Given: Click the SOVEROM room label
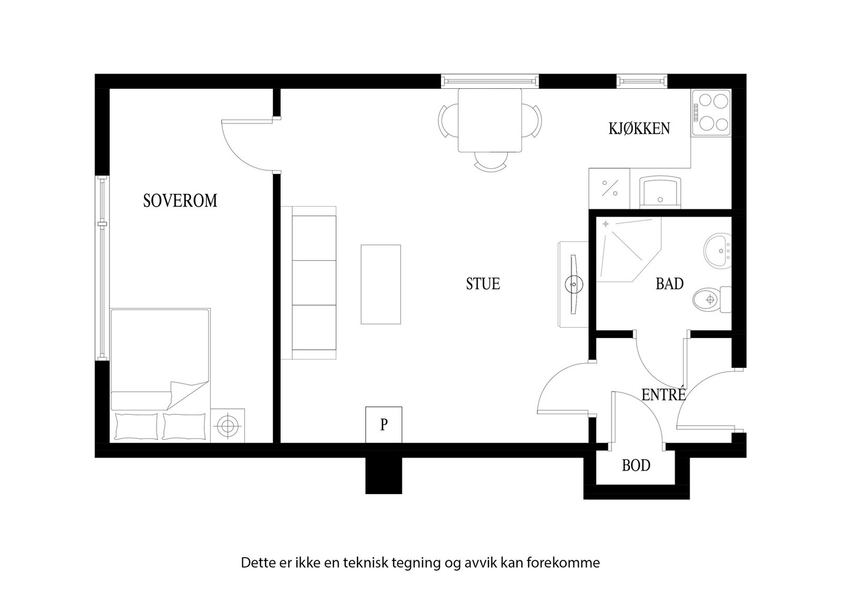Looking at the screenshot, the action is point(180,201).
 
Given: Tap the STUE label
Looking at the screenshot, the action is point(483,284).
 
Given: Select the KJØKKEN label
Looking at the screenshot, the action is point(639,129).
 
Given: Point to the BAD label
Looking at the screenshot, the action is point(670,284).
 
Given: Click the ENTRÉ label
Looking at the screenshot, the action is point(663,394).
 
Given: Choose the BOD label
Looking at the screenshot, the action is point(636,466).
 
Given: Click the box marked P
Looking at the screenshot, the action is point(384,425).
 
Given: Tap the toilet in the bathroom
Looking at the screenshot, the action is point(712,299).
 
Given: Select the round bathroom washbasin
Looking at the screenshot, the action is point(717,250).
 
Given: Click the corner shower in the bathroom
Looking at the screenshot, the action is point(628,249).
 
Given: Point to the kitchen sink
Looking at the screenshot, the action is point(660,192).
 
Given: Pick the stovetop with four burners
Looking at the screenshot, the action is point(711,112).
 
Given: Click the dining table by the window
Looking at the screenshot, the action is point(489,120).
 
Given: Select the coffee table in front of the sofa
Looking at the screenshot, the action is point(381,284).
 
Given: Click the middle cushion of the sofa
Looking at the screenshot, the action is point(314,283).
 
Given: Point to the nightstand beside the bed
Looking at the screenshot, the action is point(228,426).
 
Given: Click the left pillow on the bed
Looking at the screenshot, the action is point(136,426).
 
